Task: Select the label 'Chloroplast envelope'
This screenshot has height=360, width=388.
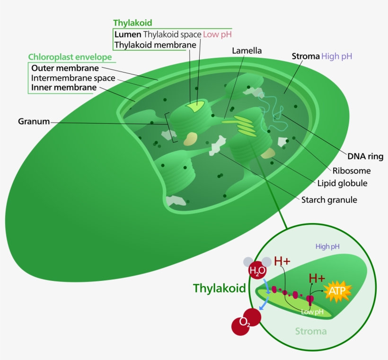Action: pos(70,57)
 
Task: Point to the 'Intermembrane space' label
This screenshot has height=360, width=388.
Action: pos(73,78)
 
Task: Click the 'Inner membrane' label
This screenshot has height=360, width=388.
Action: pos(64,88)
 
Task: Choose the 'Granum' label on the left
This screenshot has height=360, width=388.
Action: pos(34,121)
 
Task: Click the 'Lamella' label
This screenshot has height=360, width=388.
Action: pos(247,50)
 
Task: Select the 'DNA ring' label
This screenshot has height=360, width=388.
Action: pos(365,156)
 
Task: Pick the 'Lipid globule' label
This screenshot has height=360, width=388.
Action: pos(342,183)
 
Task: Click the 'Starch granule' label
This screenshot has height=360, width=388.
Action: pos(329,199)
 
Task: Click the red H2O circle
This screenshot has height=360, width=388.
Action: pos(257,271)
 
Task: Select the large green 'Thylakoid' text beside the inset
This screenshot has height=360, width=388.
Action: pos(220,288)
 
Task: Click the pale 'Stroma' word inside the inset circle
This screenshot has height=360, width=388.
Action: pos(311,331)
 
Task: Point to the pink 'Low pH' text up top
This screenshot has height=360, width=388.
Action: pos(218,35)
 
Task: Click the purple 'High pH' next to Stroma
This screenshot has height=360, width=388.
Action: pos(336,56)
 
